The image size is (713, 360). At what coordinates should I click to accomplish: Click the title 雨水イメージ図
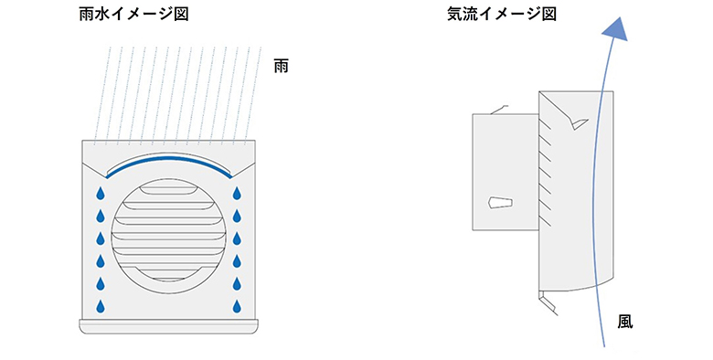pos(133,16)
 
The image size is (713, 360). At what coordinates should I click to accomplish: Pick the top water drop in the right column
pos(237,194)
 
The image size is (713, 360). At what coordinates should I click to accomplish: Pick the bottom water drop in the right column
pos(237,305)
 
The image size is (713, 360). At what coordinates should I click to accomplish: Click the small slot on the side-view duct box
pos(498,203)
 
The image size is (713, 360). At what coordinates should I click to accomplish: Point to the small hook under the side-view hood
pos(546,301)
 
